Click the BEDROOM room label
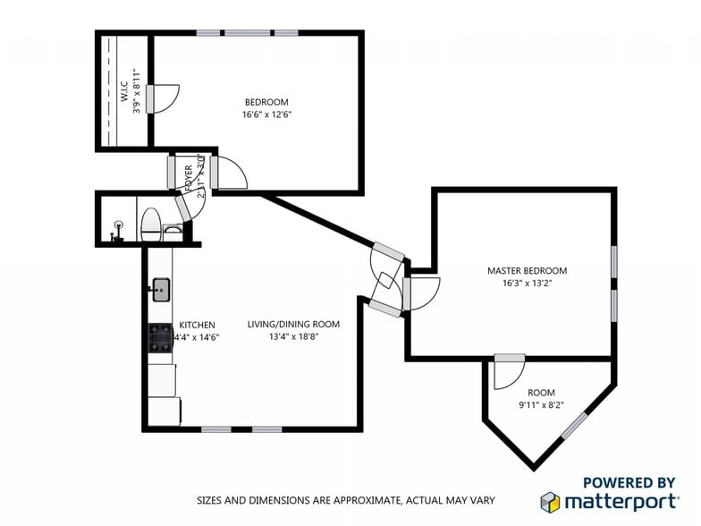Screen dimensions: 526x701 pyautogui.click(x=266, y=102)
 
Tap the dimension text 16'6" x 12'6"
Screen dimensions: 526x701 pyautogui.click(x=266, y=115)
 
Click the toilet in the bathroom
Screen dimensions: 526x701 pyautogui.click(x=151, y=224)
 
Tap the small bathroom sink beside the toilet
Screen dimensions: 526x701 pyautogui.click(x=173, y=230)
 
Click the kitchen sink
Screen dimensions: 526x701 pyautogui.click(x=161, y=289)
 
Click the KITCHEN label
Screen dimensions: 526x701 pyautogui.click(x=197, y=325)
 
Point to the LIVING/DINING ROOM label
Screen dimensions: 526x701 pyautogui.click(x=293, y=324)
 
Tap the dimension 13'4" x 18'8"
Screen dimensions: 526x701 pyautogui.click(x=293, y=337)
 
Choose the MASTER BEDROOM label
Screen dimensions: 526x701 pyautogui.click(x=527, y=270)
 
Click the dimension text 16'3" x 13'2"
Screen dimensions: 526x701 pyautogui.click(x=527, y=284)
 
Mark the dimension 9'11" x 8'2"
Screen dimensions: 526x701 pyautogui.click(x=541, y=405)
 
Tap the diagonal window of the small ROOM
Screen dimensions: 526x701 pyautogui.click(x=574, y=425)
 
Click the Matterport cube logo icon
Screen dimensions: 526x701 pyautogui.click(x=550, y=501)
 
